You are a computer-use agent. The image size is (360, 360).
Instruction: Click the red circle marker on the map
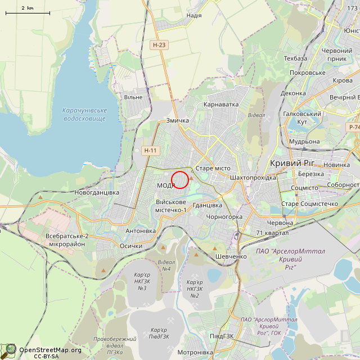coord(179,180)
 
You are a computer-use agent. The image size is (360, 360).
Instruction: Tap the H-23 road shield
coord(159,44)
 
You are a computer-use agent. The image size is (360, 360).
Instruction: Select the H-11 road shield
coord(151,150)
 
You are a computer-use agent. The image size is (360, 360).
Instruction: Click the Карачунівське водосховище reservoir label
coord(84,114)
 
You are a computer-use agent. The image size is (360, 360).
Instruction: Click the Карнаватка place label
coord(221,104)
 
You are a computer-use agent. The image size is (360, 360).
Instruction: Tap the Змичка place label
coord(178,120)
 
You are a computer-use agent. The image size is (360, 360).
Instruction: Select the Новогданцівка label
coord(97,192)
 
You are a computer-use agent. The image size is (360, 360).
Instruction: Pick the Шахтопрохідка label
coord(253,177)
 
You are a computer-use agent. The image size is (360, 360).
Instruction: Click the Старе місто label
coord(213,169)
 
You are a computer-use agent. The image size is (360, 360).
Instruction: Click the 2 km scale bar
coord(28,11)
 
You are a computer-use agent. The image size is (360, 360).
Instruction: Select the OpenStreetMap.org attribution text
coord(50,350)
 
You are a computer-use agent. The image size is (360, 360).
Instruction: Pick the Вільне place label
coord(133,97)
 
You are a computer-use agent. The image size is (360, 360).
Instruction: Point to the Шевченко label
coord(231,256)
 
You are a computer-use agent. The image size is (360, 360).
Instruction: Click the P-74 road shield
coord(354,128)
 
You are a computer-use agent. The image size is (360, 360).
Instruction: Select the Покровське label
coord(308,73)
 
